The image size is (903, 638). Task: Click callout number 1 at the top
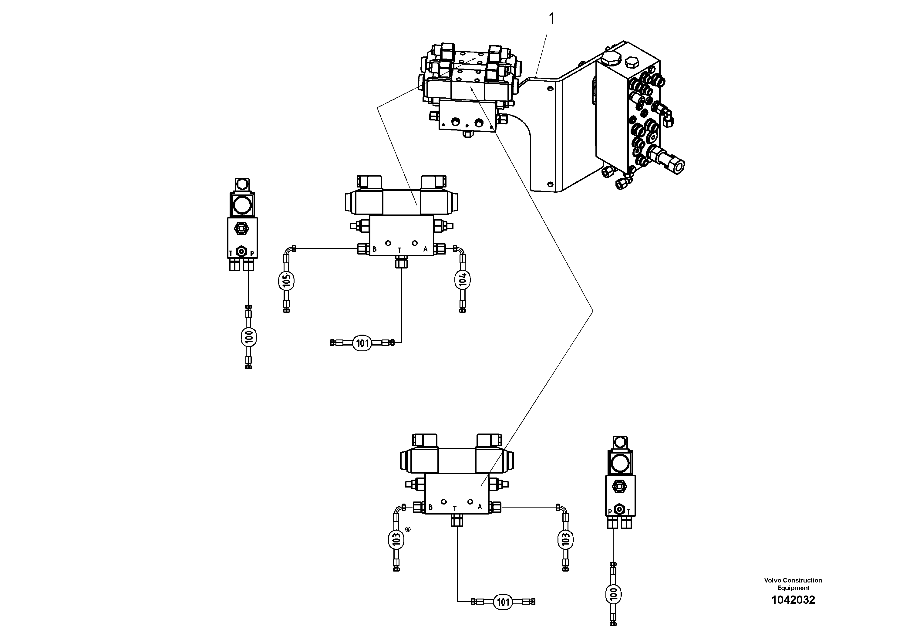pos(551,19)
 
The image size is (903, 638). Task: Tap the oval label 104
pos(463,280)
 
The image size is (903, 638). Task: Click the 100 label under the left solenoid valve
pos(248,337)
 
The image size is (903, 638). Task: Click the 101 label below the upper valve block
pos(362,343)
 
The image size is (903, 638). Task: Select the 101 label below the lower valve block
pos(503,602)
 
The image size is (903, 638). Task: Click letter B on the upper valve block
pos(374,249)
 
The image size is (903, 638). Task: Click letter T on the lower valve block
pos(455,508)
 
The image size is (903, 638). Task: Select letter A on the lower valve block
pos(480,507)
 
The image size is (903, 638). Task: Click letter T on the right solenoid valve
pos(628,512)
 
